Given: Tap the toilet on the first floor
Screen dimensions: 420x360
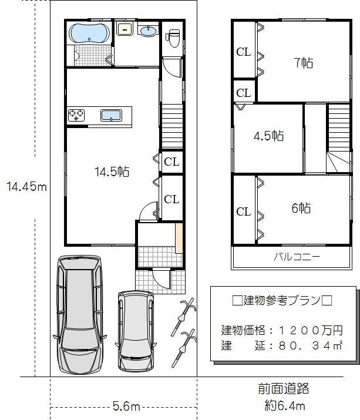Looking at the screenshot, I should coord(172,37).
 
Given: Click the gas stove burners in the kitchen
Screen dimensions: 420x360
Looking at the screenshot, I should coord(76,115).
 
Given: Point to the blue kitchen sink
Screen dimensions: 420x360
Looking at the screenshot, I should coord(111,115).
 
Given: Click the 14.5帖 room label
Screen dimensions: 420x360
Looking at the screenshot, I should coord(112,172).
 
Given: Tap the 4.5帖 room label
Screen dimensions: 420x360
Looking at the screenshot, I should coord(268,136).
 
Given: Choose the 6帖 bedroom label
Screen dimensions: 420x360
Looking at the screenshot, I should coord(301,208).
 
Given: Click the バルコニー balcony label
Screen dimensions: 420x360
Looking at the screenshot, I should coord(297,257).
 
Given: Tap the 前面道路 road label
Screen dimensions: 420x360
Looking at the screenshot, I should coord(283,389).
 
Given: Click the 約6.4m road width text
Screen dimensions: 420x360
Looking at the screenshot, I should coord(284,405).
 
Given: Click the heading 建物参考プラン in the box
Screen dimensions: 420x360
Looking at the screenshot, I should coord(282,301).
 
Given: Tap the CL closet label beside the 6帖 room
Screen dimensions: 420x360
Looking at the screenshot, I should coord(244,212).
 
